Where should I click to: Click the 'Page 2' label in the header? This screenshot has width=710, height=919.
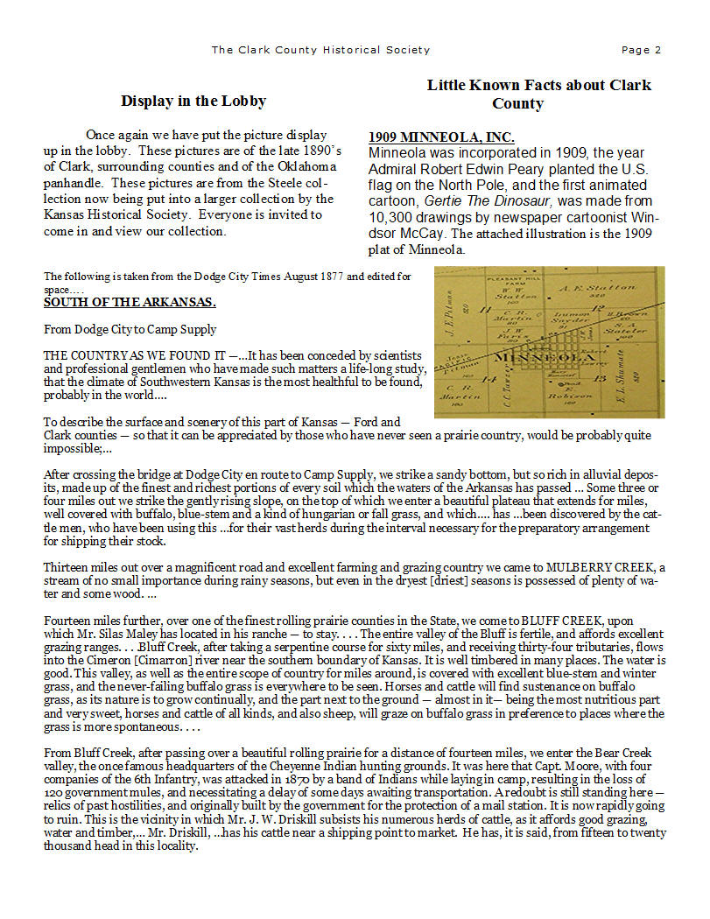click(x=641, y=50)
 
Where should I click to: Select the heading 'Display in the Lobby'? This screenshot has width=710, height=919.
click(x=193, y=102)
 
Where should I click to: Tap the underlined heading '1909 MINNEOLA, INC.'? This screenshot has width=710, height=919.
click(x=441, y=137)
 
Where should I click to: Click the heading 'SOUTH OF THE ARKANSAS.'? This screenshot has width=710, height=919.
click(x=130, y=303)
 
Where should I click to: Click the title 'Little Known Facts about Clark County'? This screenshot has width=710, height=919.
click(x=539, y=94)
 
